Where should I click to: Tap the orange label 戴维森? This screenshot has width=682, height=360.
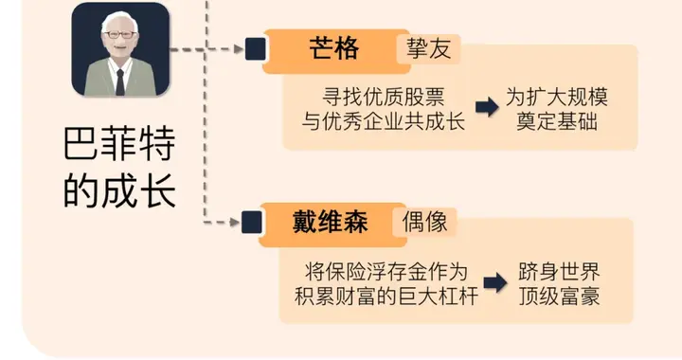click(329, 223)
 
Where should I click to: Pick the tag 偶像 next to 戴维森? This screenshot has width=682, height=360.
click(424, 223)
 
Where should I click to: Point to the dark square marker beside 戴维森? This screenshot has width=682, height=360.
click(252, 224)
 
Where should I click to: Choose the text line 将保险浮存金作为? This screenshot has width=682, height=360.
click(386, 270)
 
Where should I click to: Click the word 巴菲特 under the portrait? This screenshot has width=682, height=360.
click(119, 149)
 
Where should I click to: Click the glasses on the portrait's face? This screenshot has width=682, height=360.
click(119, 35)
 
